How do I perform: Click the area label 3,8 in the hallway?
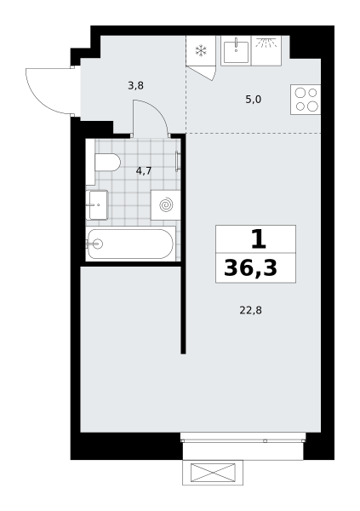tap(136, 86)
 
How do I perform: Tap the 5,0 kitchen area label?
tap(253, 100)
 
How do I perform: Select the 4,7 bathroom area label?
tap(144, 170)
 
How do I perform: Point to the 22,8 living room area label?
tap(250, 310)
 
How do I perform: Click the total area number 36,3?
tap(250, 268)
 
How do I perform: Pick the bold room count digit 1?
tap(259, 238)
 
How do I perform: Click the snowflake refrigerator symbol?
tap(201, 50)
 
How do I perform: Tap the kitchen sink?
tap(236, 51)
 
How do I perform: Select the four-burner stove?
tap(306, 100)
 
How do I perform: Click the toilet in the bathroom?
tap(108, 162)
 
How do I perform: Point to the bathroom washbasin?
tap(97, 205)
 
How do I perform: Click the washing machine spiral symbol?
tap(167, 205)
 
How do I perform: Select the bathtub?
tap(131, 244)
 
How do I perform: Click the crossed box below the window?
tap(213, 473)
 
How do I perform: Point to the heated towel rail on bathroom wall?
tap(177, 161)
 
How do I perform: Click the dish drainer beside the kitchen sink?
tap(266, 51)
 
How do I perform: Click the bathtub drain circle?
tap(97, 244)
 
